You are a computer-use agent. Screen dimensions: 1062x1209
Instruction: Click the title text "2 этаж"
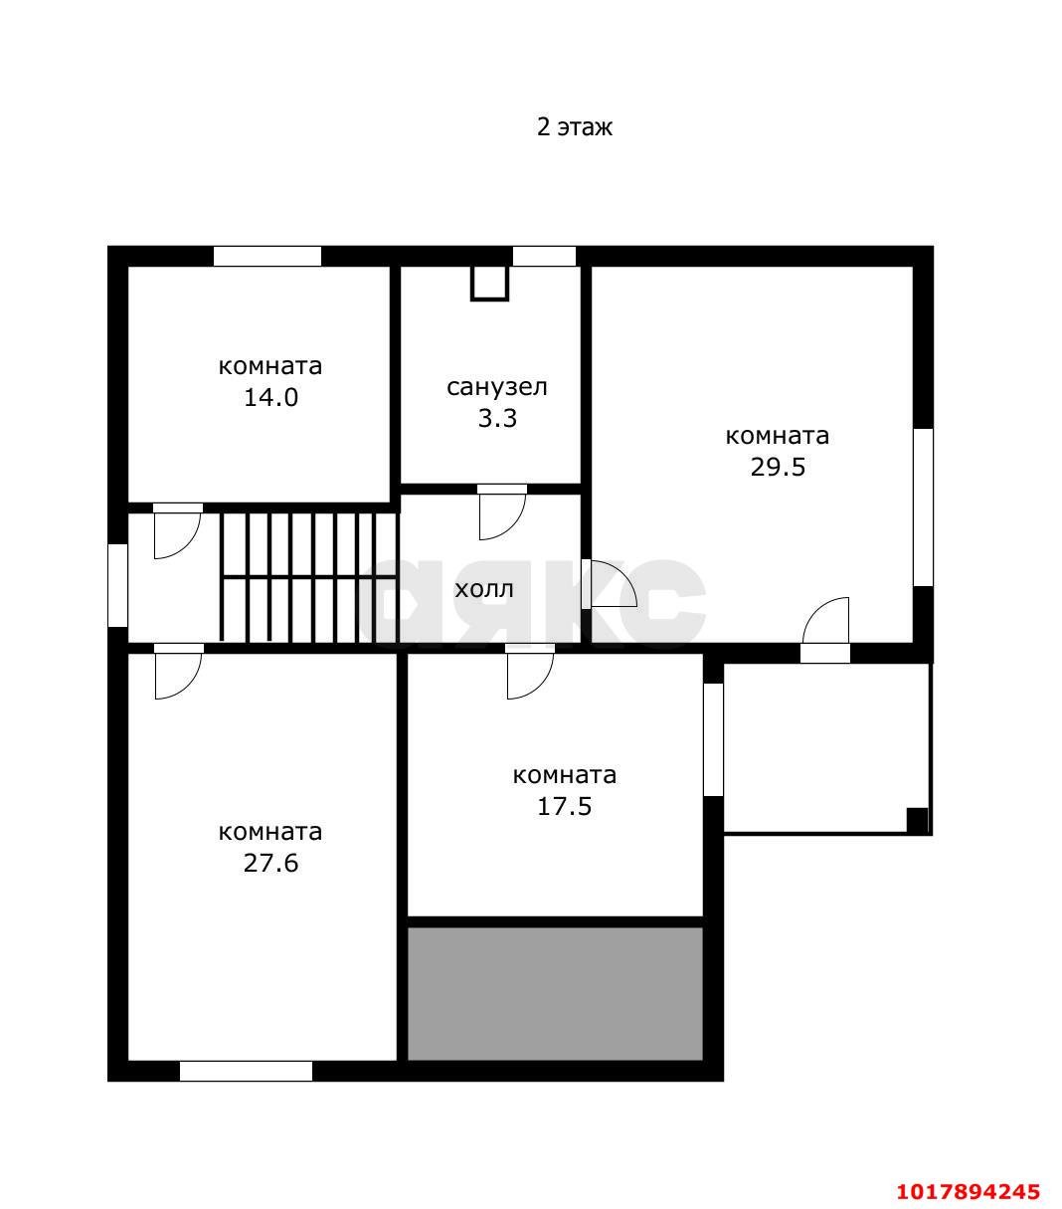point(574,127)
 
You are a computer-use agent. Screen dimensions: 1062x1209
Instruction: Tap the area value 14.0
point(270,397)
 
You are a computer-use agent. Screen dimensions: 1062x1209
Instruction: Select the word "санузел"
point(497,387)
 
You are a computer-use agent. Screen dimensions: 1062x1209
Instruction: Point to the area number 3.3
point(497,418)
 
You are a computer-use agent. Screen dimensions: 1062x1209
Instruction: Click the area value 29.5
point(778,468)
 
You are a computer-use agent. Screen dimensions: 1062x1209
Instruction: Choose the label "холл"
point(484,590)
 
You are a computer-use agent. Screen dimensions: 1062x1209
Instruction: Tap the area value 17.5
point(564,807)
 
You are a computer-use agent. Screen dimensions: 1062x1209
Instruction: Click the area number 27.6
point(270,864)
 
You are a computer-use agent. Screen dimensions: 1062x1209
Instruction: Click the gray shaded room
point(555,993)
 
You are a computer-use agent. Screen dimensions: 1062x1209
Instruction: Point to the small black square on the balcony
point(917,820)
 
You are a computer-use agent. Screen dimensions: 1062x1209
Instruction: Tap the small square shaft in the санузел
point(489,283)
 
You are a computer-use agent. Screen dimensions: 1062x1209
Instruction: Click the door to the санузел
point(502,512)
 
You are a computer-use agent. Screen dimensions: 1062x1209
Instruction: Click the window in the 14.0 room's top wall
point(267,256)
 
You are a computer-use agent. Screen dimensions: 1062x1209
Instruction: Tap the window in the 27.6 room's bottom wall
point(246,1071)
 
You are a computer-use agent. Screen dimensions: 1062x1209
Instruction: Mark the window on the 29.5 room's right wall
point(923,507)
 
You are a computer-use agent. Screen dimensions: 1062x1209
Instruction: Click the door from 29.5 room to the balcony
point(825,630)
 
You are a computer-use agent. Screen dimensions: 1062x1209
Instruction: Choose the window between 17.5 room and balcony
point(713,738)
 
